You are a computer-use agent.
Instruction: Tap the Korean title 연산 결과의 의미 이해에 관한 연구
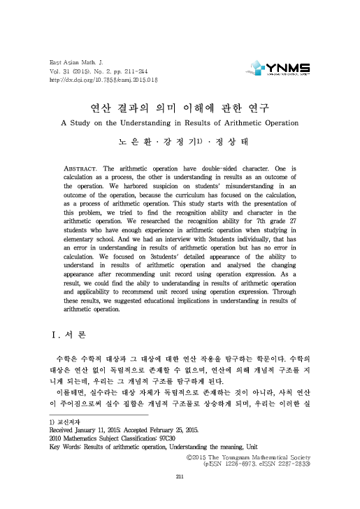[180, 109]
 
